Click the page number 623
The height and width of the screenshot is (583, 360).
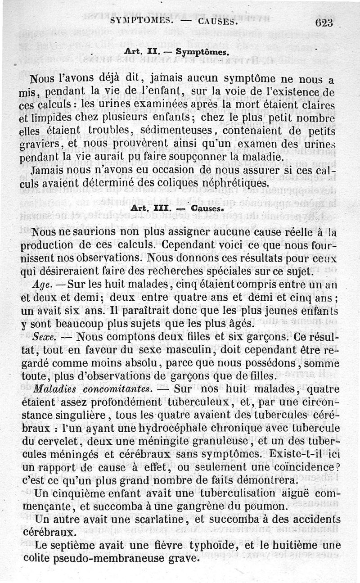coord(324,23)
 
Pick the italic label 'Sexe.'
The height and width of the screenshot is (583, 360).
coord(45,337)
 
